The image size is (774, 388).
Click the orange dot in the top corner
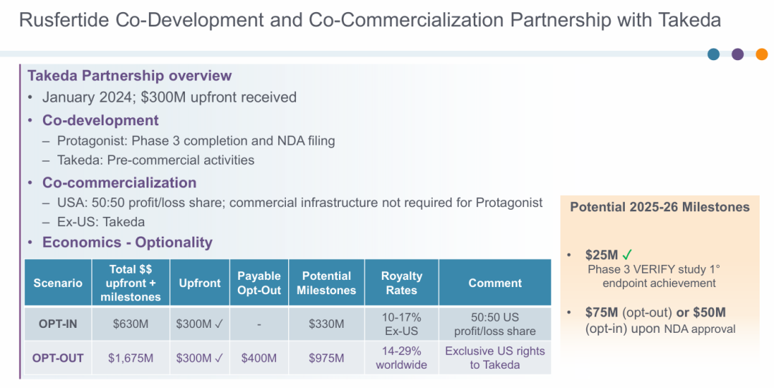tap(762, 54)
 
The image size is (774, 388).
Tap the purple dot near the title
tap(737, 54)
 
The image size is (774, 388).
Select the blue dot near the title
tap(713, 54)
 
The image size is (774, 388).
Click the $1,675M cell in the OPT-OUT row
tap(130, 358)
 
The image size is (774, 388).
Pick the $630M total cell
tap(130, 324)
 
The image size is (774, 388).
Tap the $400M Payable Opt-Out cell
tap(259, 358)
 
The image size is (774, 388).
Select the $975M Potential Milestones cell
tap(326, 358)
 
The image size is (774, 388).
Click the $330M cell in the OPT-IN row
tap(326, 324)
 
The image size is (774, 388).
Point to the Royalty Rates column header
tap(401, 283)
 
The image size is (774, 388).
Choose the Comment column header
tap(494, 283)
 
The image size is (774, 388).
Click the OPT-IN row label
tap(58, 324)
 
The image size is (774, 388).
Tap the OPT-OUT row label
tap(58, 358)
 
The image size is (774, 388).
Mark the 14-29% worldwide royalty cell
tap(401, 358)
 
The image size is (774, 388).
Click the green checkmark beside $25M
tap(627, 254)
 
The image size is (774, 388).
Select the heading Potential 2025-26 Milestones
tap(659, 207)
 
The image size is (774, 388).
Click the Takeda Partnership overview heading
tap(129, 75)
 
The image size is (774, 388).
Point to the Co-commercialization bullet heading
tap(119, 183)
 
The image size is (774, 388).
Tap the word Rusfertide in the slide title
tap(64, 20)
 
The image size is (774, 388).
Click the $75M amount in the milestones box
tap(601, 312)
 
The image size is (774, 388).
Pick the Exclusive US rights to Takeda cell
tap(494, 358)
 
